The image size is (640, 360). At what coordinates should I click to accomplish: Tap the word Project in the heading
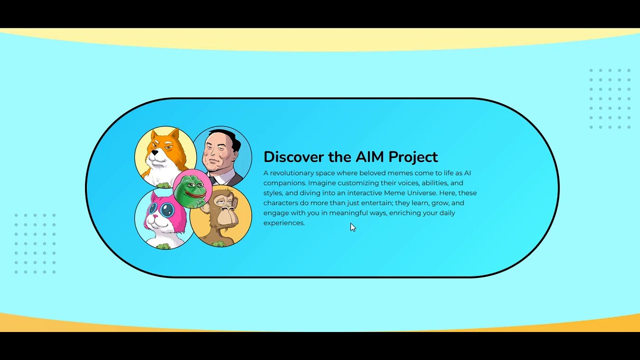(x=413, y=157)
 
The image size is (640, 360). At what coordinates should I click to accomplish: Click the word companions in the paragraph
(x=284, y=183)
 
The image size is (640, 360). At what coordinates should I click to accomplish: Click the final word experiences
(x=283, y=223)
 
